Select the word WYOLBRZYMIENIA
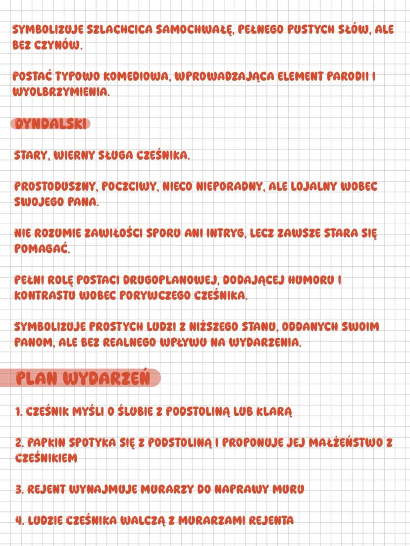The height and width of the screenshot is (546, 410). pyautogui.click(x=59, y=92)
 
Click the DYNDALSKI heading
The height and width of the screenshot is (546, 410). pyautogui.click(x=51, y=124)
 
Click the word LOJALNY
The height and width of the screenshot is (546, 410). pyautogui.click(x=319, y=187)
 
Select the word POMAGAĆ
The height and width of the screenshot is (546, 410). pyautogui.click(x=42, y=249)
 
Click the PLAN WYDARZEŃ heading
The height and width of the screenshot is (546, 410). pyautogui.click(x=82, y=378)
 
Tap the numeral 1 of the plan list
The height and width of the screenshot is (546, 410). pyautogui.click(x=17, y=412)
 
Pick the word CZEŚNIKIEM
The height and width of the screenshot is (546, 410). pyautogui.click(x=46, y=458)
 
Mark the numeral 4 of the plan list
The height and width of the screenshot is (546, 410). pyautogui.click(x=18, y=520)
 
